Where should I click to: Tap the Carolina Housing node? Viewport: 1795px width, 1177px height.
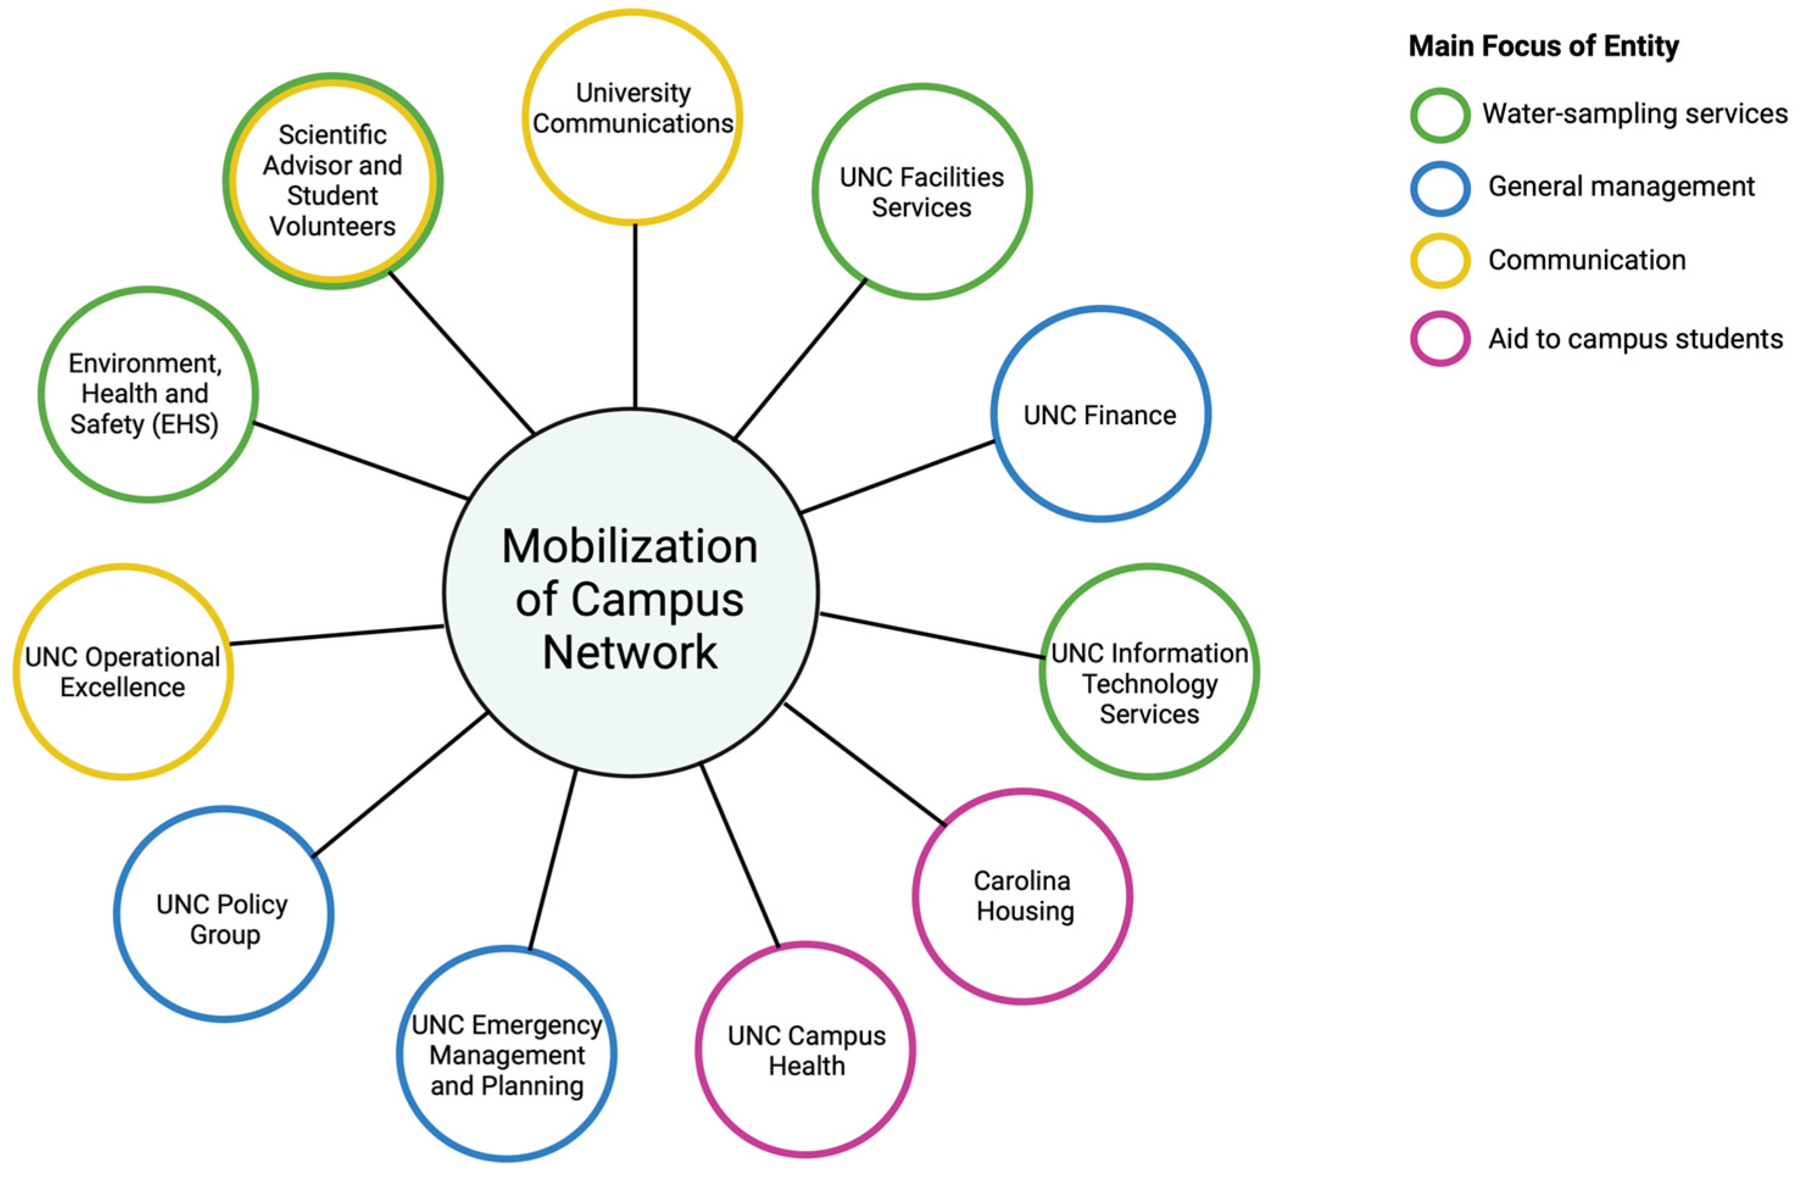pyautogui.click(x=1022, y=897)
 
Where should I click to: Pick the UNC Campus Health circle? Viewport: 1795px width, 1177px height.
pyautogui.click(x=805, y=1050)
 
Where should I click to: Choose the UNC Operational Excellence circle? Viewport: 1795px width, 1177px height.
pyautogui.click(x=123, y=672)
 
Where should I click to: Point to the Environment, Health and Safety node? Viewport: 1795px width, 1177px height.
pyautogui.click(x=148, y=394)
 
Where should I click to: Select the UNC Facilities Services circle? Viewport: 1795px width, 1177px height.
pyautogui.click(x=922, y=191)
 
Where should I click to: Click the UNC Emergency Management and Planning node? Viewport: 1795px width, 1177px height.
pyautogui.click(x=507, y=1054)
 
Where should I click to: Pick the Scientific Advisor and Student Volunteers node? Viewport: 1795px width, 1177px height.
pyautogui.click(x=333, y=181)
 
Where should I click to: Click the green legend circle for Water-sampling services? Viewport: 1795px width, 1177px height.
pyautogui.click(x=1440, y=115)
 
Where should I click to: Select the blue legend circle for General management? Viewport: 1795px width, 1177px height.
pyautogui.click(x=1440, y=188)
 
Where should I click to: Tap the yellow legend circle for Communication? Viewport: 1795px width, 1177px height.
pyautogui.click(x=1440, y=261)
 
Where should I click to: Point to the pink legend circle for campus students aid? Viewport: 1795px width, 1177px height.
pyautogui.click(x=1440, y=339)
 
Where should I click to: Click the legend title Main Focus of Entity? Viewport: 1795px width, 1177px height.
pyautogui.click(x=1543, y=47)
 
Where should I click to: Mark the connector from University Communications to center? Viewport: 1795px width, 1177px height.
pyautogui.click(x=635, y=317)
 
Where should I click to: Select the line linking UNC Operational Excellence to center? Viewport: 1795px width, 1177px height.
pyautogui.click(x=336, y=635)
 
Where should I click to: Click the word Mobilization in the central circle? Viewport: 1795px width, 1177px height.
pyautogui.click(x=630, y=546)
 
